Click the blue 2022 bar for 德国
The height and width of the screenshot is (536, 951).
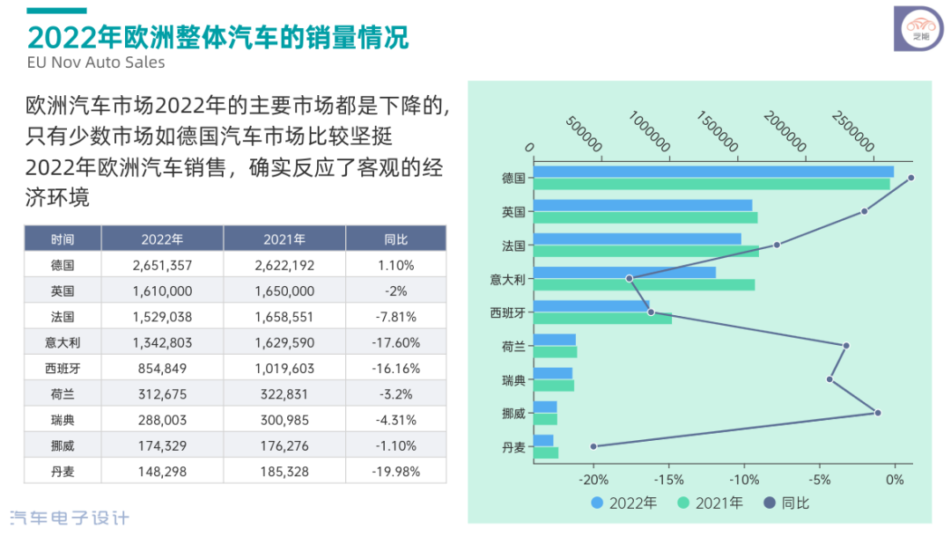(x=713, y=172)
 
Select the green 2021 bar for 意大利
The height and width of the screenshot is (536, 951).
(x=644, y=284)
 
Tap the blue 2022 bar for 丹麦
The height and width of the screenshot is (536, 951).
(x=544, y=440)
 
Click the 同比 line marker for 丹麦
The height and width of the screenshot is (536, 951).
(x=593, y=446)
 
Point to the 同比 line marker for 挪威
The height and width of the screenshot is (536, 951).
(x=877, y=413)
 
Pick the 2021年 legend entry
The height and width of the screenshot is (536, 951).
(x=711, y=503)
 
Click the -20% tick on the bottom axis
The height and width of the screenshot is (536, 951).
(x=593, y=480)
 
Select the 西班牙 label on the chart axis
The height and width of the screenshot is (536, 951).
(x=508, y=312)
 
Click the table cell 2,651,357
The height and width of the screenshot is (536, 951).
(x=162, y=265)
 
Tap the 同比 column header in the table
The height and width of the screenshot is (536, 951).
(x=395, y=239)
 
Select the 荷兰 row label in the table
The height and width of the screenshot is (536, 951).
(x=63, y=393)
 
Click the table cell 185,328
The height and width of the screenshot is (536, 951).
(x=284, y=471)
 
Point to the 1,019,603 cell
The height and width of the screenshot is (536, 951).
(x=284, y=368)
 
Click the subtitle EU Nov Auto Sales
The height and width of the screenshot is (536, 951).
(x=96, y=62)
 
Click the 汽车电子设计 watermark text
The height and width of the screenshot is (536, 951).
(x=69, y=518)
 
